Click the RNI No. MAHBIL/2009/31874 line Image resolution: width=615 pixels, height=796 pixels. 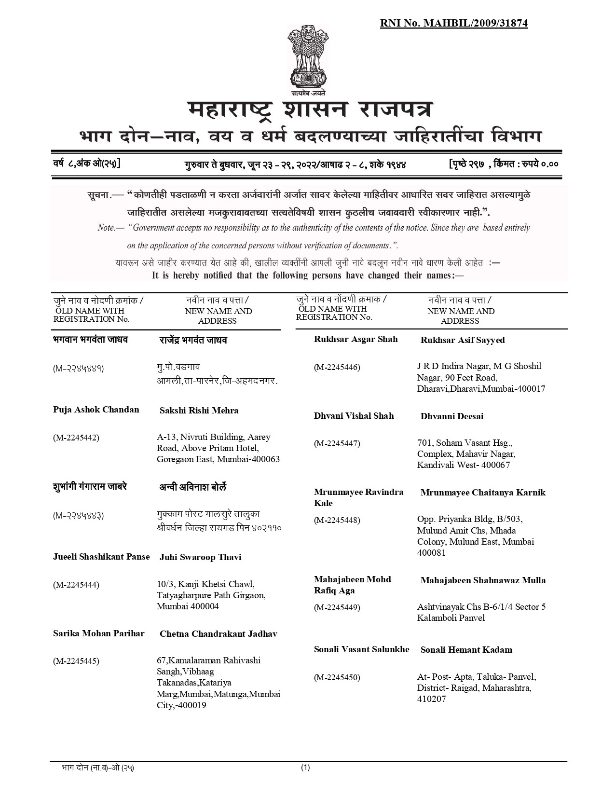pos(453,23)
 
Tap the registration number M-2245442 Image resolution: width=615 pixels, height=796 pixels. pos(76,438)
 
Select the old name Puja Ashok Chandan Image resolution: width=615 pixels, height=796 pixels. pos(96,410)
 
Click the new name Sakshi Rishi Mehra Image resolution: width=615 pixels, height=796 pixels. pos(199,411)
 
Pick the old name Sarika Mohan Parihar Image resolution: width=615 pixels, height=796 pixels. pos(98,633)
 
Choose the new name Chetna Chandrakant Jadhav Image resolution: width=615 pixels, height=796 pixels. pos(218,634)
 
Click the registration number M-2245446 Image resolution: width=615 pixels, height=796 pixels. pos(337,368)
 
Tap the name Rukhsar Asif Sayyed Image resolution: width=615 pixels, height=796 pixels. pos(462,340)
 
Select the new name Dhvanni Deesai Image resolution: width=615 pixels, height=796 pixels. pos(451,416)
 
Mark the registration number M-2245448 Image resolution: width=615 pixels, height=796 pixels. pos(337,520)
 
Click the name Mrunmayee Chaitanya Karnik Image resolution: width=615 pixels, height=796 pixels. pos(483,493)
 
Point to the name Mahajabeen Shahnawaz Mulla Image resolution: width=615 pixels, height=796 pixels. pos(483,580)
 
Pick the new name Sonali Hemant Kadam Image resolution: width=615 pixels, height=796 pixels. pos(466,650)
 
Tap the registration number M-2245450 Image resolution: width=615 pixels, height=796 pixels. pos(337,677)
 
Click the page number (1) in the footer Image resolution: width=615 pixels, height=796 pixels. pos(305,768)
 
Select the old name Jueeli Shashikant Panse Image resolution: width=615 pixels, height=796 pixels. pos(101,557)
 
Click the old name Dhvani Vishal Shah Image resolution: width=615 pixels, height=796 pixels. pos(354,416)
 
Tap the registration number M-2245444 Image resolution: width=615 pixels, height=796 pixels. pos(76,585)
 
